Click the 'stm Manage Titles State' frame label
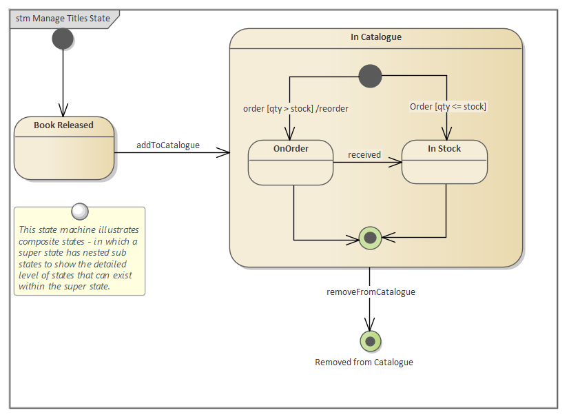pyautogui.click(x=63, y=19)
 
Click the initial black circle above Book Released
pyautogui.click(x=63, y=39)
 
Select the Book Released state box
pyautogui.click(x=64, y=148)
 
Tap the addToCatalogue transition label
pyautogui.click(x=168, y=145)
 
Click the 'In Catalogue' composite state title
pyautogui.click(x=375, y=37)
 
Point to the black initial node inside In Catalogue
pyautogui.click(x=370, y=76)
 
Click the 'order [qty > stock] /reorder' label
pyautogui.click(x=296, y=108)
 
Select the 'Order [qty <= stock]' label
pyautogui.click(x=448, y=106)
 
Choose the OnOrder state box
pyautogui.click(x=291, y=163)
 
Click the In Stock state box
pyautogui.click(x=444, y=163)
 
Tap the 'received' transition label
pyautogui.click(x=364, y=154)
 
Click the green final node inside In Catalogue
pyautogui.click(x=370, y=238)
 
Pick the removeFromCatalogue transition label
pyautogui.click(x=371, y=292)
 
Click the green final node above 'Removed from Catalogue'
pyautogui.click(x=370, y=341)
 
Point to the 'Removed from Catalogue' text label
pyautogui.click(x=364, y=362)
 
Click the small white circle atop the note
pyautogui.click(x=80, y=210)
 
